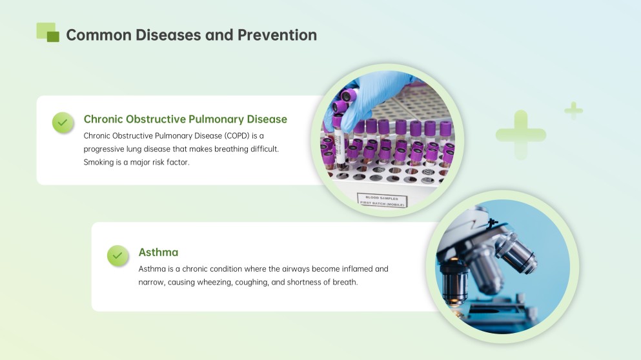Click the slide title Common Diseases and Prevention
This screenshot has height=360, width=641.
tap(191, 35)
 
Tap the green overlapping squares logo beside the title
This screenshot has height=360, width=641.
tap(48, 32)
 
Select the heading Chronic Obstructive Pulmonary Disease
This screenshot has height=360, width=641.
tap(185, 119)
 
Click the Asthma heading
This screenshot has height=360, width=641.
tap(158, 252)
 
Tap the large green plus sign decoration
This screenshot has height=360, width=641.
tap(520, 135)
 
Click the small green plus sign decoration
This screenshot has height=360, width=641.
tap(573, 111)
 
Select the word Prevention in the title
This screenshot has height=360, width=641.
tap(277, 35)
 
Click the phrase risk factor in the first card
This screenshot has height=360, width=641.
tap(170, 163)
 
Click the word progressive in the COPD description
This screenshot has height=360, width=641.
tap(105, 149)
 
